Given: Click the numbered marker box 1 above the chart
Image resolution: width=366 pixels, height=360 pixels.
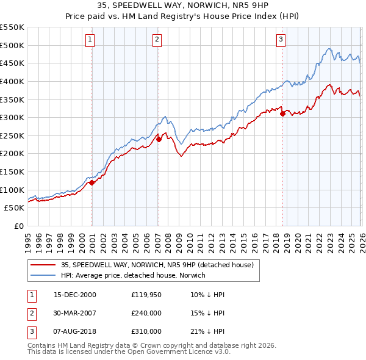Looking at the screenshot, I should [90, 40].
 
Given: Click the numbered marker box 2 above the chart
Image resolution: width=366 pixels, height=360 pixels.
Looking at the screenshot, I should [157, 40].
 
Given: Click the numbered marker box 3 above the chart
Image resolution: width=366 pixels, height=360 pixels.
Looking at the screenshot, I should [281, 40].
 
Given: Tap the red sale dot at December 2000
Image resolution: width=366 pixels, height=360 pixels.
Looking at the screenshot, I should [91, 182].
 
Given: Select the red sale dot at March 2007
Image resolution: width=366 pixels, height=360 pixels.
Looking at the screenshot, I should [159, 139].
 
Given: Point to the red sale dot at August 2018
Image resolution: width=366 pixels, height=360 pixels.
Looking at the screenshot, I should [282, 114].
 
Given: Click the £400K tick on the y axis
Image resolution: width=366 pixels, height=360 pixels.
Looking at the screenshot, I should [12, 81].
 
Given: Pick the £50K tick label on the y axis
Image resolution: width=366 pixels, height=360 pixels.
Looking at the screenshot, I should [14, 208].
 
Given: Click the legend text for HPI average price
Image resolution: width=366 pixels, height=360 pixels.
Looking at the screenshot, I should [133, 275].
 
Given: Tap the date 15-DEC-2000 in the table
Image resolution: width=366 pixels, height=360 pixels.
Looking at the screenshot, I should [75, 295].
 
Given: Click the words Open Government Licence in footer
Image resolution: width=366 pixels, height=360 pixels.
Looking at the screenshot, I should [172, 352].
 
